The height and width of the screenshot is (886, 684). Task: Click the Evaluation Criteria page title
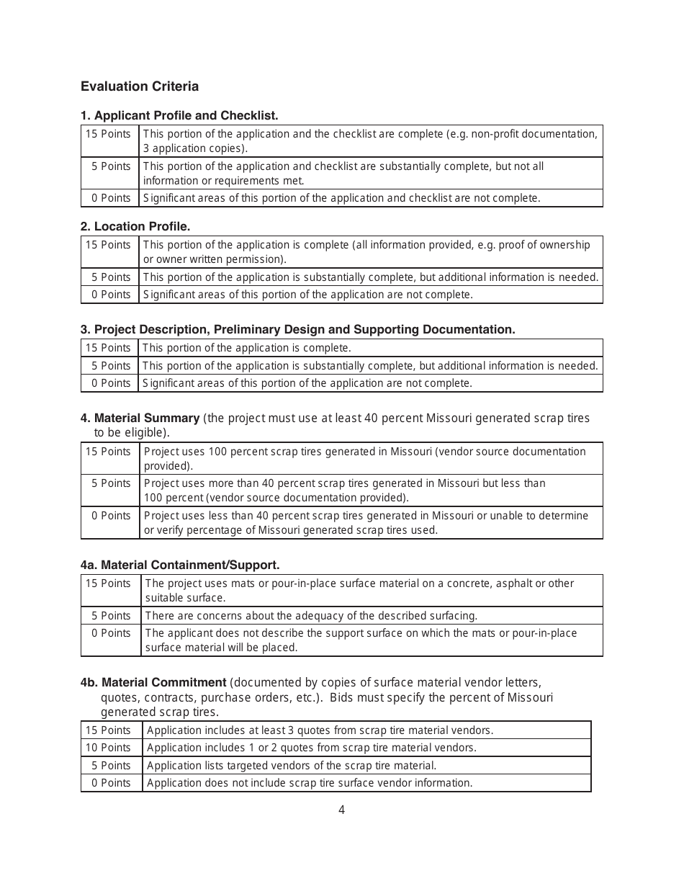pos(140,86)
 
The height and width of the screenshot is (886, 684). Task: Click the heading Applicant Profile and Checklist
pos(179,115)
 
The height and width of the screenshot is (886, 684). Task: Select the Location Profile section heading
pos(135,226)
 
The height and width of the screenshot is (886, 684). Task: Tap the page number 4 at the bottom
pos(341,810)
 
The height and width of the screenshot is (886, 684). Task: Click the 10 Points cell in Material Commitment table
pos(109,748)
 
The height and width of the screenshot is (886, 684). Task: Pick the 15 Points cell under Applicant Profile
pos(109,134)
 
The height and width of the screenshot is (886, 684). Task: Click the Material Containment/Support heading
pos(180,565)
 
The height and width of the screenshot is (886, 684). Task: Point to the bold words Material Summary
pos(147,418)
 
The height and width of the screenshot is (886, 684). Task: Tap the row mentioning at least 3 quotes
pos(320,730)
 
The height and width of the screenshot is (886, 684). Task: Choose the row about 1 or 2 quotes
pos(311,748)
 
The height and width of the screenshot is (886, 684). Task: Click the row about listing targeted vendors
pos(291,766)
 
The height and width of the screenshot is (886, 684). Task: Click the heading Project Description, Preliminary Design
pos(298,329)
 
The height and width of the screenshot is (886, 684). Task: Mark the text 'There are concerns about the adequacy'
pos(311,616)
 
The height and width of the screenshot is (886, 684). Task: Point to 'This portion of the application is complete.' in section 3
pos(247,348)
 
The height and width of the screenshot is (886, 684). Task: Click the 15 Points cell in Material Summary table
pos(109,452)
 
